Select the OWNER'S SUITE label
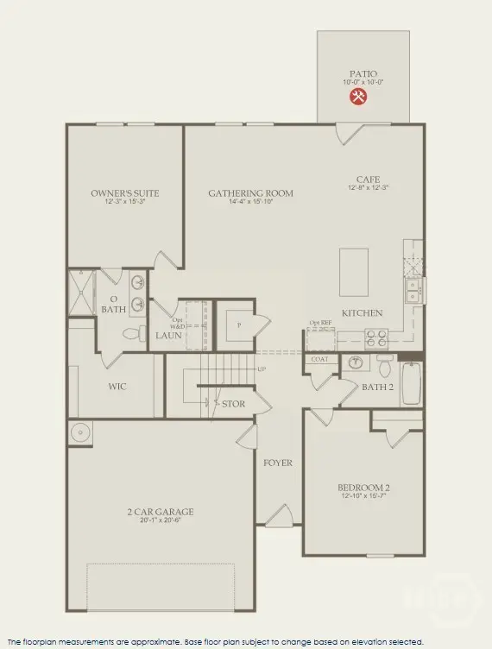tap(125, 193)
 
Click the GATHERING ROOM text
tap(250, 193)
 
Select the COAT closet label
tap(319, 360)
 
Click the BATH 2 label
tap(377, 387)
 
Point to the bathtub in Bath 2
tap(413, 383)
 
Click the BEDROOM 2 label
tap(363, 488)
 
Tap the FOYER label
tap(278, 463)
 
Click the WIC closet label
tap(117, 387)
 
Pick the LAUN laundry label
tap(167, 335)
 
